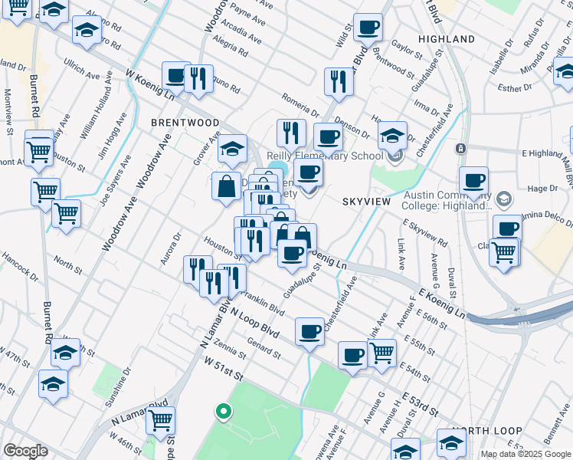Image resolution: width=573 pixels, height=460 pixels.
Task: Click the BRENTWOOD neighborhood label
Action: (x=185, y=123)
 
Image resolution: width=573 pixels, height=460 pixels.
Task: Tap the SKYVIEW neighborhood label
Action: (x=366, y=201)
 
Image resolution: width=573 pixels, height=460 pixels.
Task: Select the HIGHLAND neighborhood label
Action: (x=447, y=38)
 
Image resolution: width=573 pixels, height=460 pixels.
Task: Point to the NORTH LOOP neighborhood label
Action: (x=487, y=431)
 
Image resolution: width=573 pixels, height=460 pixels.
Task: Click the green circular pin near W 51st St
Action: (x=223, y=412)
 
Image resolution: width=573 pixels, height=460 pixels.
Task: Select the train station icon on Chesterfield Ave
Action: (x=460, y=149)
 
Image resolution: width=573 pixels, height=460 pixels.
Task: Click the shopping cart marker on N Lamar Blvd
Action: (x=160, y=420)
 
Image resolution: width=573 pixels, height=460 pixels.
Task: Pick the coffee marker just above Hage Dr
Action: (x=473, y=182)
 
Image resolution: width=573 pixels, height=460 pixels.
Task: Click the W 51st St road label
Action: (x=222, y=375)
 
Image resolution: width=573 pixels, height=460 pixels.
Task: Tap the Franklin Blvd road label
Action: (x=263, y=301)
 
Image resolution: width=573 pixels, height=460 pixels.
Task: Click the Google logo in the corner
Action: (x=26, y=451)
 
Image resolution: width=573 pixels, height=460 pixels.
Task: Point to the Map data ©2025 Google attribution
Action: (x=526, y=454)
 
